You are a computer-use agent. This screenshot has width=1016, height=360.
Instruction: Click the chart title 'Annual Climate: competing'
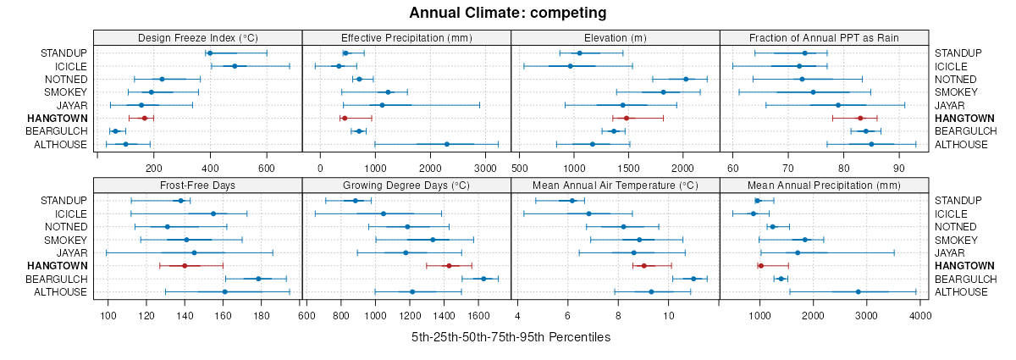tap(508, 13)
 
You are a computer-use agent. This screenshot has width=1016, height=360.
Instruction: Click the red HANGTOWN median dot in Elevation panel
tap(626, 119)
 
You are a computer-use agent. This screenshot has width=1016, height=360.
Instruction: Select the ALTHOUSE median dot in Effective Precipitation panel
tap(447, 144)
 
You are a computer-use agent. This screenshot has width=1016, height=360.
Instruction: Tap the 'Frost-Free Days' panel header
tap(197, 185)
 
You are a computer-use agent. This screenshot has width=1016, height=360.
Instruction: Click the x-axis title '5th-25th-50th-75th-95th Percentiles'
tap(511, 337)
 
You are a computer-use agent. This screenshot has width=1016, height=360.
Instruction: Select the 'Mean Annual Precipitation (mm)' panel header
tap(824, 185)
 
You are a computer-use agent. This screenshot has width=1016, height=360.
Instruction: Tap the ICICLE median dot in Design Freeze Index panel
tap(235, 66)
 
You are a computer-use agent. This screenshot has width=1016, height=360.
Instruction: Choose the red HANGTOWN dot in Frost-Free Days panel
tap(184, 266)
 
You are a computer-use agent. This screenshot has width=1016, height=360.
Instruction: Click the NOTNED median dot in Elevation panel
tap(686, 80)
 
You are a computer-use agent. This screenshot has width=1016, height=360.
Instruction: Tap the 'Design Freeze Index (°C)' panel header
tap(197, 37)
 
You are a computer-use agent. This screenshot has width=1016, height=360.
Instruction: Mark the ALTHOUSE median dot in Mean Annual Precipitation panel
tap(859, 292)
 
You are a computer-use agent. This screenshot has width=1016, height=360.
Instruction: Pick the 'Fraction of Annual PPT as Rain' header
tap(824, 37)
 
